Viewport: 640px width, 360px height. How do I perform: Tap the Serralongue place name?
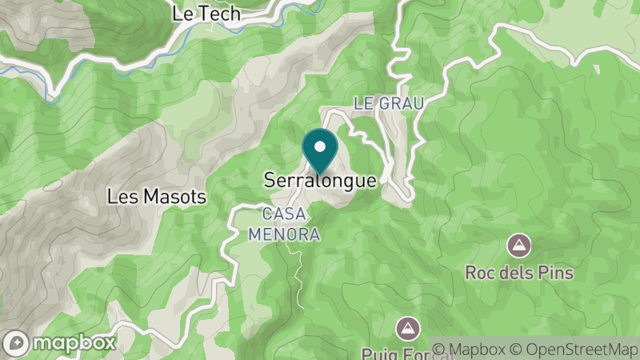pos(320,181)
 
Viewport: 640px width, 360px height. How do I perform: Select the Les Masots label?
pos(158,196)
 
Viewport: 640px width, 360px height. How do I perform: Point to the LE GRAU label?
pos(388,103)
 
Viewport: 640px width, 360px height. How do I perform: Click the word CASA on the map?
pos(283,214)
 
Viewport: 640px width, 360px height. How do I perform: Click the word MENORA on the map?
pos(284,234)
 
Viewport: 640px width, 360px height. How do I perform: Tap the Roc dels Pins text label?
pos(519,273)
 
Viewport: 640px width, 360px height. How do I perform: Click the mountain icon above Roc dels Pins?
pos(519,244)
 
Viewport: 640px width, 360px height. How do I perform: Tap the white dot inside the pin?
pos(320,146)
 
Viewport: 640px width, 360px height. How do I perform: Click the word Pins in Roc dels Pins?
pos(556,273)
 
